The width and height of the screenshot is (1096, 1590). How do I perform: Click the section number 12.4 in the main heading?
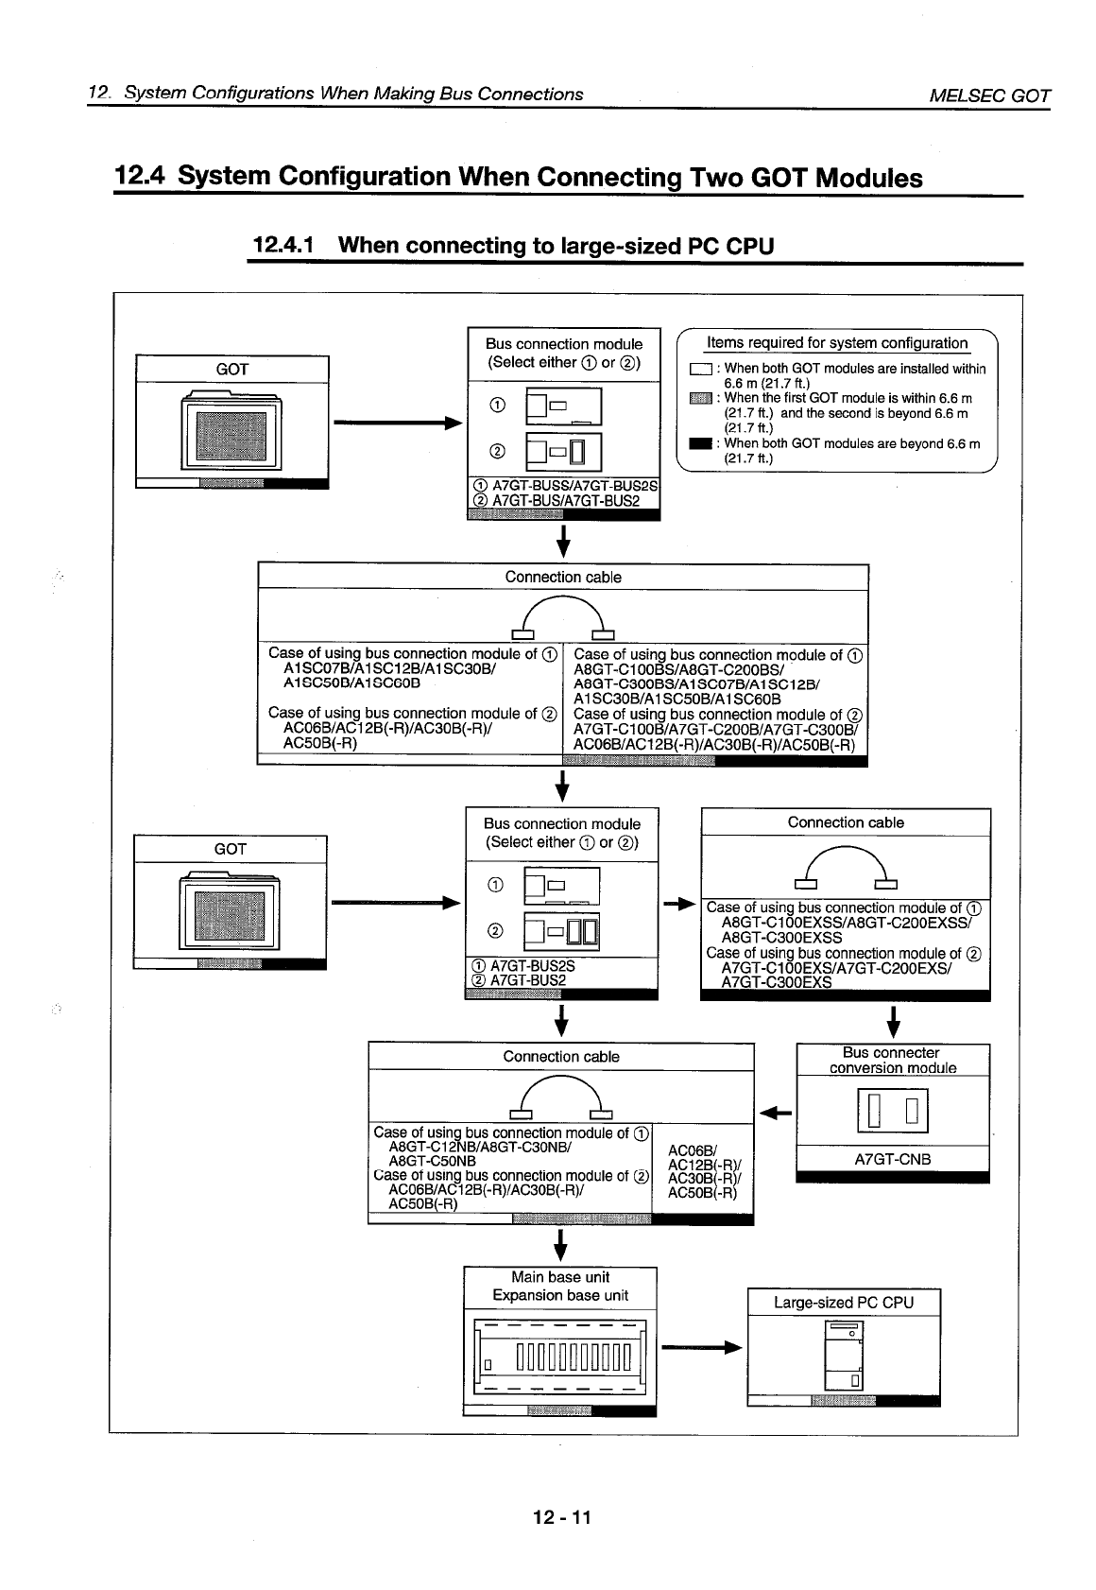tap(141, 177)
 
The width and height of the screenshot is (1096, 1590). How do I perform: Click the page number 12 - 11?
tap(561, 1518)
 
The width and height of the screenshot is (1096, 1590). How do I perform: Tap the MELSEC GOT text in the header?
tap(989, 95)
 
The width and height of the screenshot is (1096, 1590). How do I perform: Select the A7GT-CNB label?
tap(892, 1159)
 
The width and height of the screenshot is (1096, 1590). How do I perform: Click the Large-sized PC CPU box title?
tap(843, 1303)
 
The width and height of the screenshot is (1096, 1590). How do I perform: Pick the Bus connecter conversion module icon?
tap(892, 1111)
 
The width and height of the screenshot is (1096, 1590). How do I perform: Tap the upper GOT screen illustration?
tap(231, 432)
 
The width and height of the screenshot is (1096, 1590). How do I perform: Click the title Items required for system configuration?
tap(837, 343)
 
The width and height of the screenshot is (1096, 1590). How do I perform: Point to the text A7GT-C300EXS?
tap(776, 982)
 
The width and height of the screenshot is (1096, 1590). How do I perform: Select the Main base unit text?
tap(560, 1277)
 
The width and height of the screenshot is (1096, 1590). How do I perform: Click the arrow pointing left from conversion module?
tap(775, 1112)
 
